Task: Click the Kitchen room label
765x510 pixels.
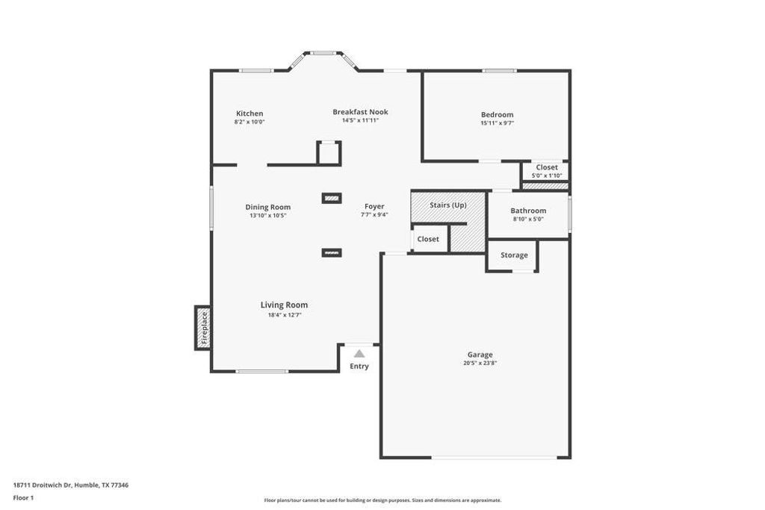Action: click(250, 113)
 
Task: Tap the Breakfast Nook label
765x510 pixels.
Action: click(360, 112)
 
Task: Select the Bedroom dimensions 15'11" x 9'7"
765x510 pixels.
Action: click(497, 123)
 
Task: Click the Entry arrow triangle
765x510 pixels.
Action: click(359, 354)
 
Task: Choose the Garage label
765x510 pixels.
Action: click(480, 355)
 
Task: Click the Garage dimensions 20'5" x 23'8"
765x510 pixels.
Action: click(480, 364)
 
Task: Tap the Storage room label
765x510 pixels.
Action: click(514, 255)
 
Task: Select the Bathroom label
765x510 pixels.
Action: click(528, 211)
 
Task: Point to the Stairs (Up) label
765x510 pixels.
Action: click(448, 205)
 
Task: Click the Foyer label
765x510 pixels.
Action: click(374, 206)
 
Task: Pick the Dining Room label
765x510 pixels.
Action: click(268, 207)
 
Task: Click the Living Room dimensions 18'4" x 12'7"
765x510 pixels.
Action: click(284, 315)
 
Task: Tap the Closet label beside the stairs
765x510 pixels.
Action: click(428, 239)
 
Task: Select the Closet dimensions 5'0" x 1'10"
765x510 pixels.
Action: click(546, 175)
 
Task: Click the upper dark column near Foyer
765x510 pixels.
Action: click(332, 198)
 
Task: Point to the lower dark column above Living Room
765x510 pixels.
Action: click(332, 253)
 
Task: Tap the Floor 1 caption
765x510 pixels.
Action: click(23, 497)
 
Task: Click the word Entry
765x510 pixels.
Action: click(359, 367)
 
